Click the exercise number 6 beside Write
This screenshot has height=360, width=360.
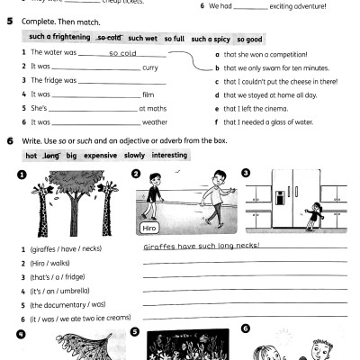pos(9,140)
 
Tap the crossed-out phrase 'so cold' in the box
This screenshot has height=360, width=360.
pos(110,38)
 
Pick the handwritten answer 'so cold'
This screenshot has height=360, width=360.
pos(122,53)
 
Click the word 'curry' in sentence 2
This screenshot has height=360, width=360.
pos(150,67)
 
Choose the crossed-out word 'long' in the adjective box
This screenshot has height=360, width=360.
pos(48,156)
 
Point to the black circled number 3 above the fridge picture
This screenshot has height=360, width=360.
pos(246,173)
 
